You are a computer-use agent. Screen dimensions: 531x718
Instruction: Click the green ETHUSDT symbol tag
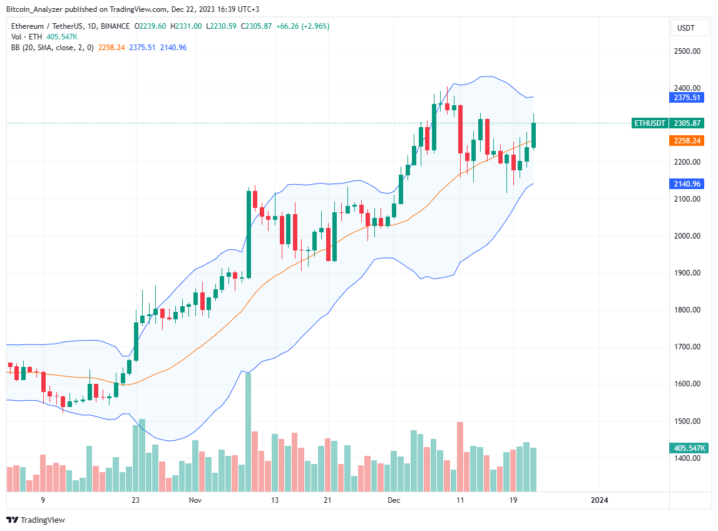[649, 123]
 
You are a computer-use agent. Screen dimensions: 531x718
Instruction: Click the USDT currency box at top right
[687, 28]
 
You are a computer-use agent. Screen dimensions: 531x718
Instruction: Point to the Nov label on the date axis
[195, 500]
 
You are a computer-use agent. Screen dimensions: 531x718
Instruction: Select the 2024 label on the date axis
[600, 500]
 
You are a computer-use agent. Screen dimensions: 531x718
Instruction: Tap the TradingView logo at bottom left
[36, 520]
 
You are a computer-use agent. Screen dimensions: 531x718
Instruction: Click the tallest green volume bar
[249, 432]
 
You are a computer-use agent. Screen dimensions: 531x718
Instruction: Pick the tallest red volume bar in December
[460, 456]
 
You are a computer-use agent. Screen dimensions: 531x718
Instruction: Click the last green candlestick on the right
[534, 135]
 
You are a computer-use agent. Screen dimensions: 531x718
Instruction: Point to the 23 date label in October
[135, 500]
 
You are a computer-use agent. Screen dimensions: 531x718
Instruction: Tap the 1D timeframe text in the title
[88, 26]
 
